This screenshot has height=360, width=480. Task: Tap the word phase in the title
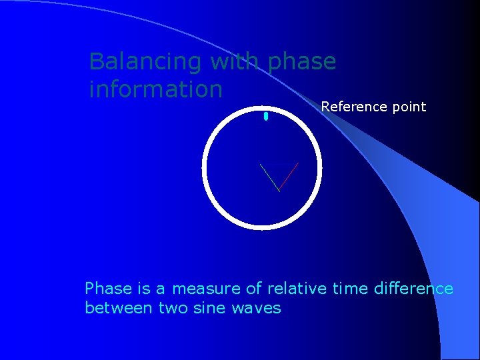[x=301, y=62]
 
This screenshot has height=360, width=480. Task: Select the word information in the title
[x=155, y=89]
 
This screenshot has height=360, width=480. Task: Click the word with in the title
[x=235, y=62]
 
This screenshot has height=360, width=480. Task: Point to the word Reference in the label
[x=353, y=107]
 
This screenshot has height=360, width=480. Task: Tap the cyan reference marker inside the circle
[x=265, y=117]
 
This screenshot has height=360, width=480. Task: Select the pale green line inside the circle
[x=269, y=177]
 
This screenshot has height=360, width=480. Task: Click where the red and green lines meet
[x=279, y=191]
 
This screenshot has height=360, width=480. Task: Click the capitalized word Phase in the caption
[x=108, y=289]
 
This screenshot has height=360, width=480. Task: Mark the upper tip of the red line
[x=298, y=163]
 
